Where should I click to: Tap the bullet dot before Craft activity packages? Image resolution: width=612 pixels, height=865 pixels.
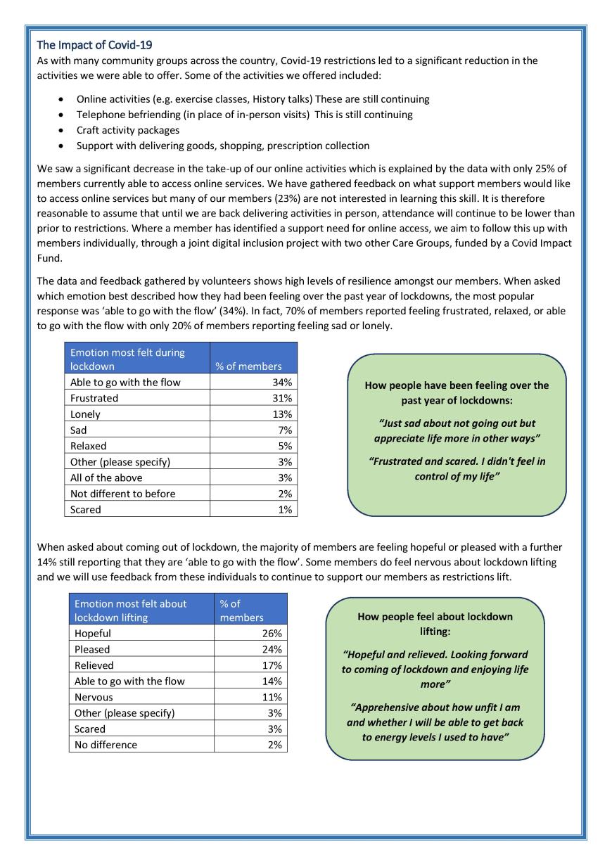pos(63,130)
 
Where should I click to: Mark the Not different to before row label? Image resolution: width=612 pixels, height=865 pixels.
pos(123,494)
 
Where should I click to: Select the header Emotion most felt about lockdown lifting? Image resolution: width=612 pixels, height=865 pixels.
pos(131,610)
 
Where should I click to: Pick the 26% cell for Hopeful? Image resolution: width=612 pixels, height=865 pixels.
pos(272,634)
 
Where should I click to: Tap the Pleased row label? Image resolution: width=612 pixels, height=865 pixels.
pos(92,649)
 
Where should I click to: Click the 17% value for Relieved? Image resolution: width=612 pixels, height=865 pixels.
pos(272,665)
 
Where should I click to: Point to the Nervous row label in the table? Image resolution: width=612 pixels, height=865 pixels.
pos(94,697)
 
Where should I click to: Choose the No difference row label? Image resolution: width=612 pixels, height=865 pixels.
pos(106,745)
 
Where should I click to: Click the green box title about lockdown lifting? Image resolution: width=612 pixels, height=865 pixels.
pos(435,624)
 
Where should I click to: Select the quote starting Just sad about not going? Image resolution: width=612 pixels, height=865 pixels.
pos(457,430)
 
